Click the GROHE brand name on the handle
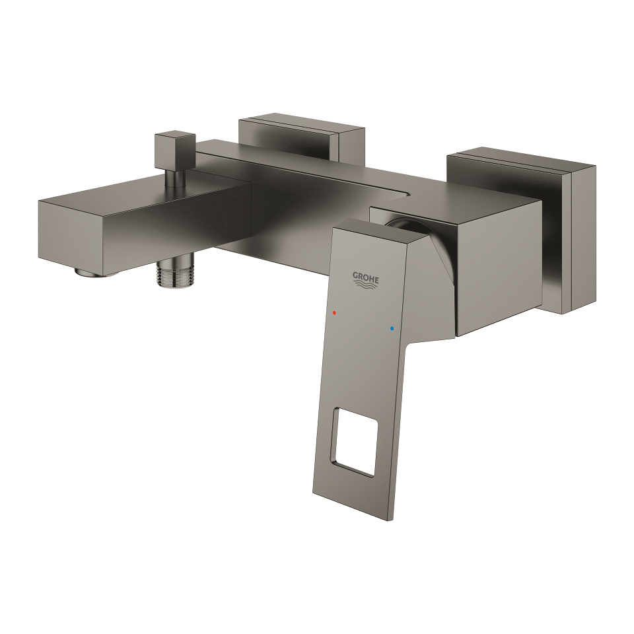(x=365, y=278)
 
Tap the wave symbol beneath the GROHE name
(x=367, y=287)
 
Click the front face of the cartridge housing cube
(x=499, y=277)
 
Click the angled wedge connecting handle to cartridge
(x=433, y=291)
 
